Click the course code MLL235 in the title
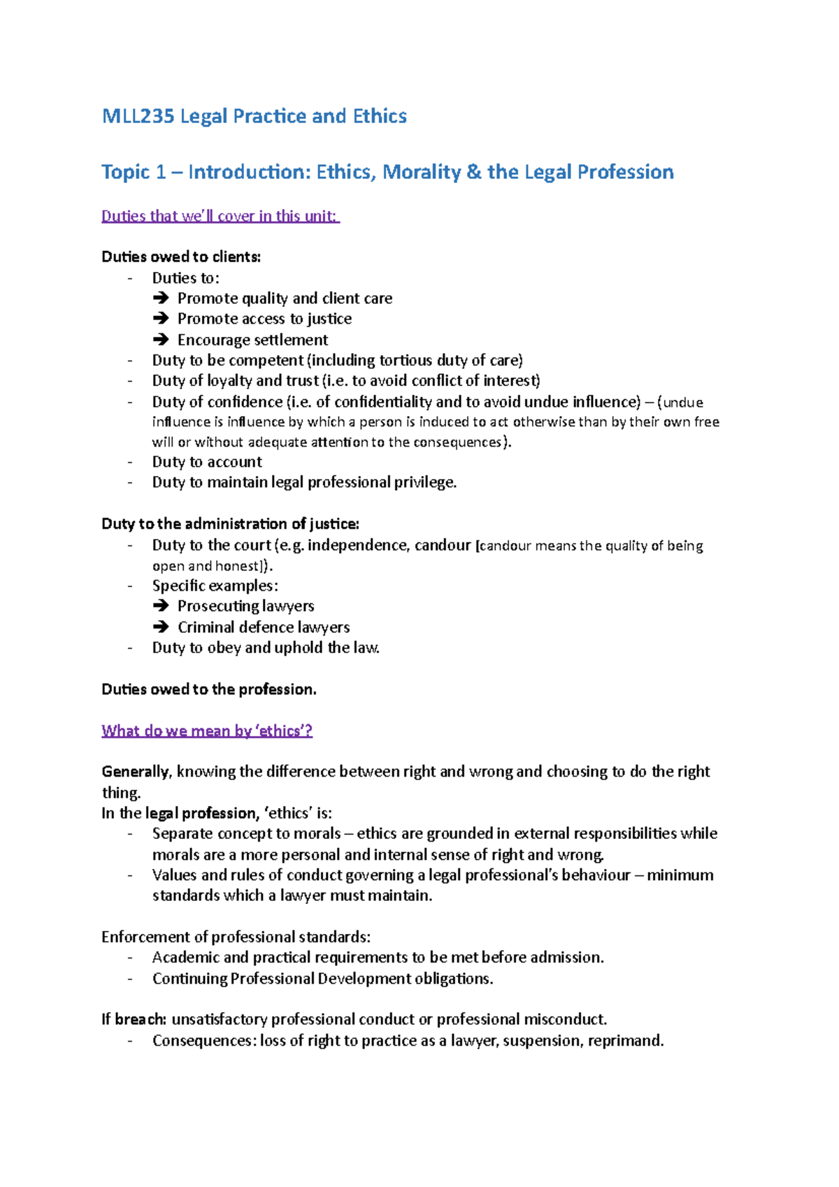(x=138, y=116)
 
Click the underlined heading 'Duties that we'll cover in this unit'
(x=220, y=216)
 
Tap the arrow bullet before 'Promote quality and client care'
(x=161, y=298)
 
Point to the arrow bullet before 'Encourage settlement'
(x=161, y=340)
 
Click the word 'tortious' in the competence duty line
(x=406, y=361)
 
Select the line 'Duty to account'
(x=207, y=462)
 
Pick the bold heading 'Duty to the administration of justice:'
(x=230, y=524)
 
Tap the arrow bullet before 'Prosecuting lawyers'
(x=161, y=606)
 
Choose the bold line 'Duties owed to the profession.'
(x=209, y=689)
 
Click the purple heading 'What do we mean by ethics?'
(x=207, y=731)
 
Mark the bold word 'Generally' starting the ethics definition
(x=136, y=772)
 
